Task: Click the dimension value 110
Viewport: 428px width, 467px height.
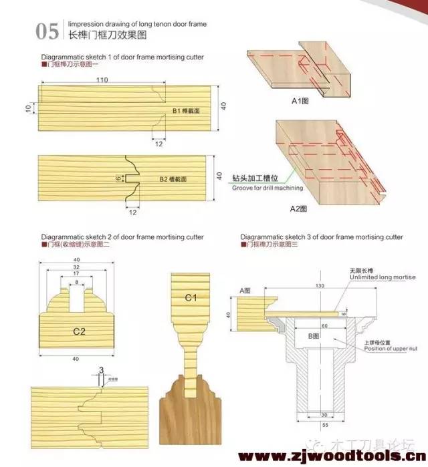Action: coord(102,80)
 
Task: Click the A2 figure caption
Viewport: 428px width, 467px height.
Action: coord(298,208)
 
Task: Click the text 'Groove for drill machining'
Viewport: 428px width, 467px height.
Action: coord(267,188)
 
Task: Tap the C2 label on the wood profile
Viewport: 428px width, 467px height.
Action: coord(80,331)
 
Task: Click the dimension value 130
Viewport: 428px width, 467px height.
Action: coord(321,285)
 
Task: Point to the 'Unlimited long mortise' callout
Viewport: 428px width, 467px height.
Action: coord(382,277)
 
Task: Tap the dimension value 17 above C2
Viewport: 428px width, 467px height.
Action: coord(77,274)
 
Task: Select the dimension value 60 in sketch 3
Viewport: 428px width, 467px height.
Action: coord(324,327)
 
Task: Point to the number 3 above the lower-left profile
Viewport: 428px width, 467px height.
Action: coord(101,369)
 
